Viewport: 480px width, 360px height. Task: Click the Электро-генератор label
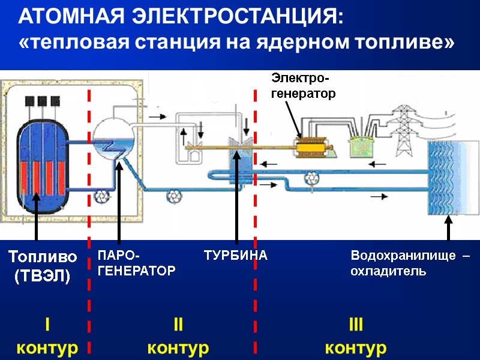point(303,86)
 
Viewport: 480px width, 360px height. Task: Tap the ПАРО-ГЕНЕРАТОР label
point(136,263)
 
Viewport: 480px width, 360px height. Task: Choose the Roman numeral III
point(356,326)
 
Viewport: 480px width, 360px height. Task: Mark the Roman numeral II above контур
point(178,326)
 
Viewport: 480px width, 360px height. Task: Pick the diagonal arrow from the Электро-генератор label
point(295,120)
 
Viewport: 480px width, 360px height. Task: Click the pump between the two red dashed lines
point(174,196)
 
